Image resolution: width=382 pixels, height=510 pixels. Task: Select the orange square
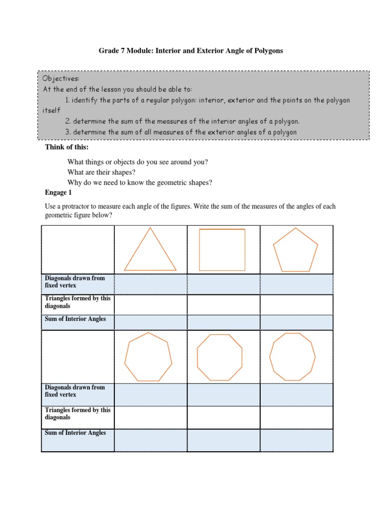[222, 250]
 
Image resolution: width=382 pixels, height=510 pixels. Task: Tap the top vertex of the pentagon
[295, 229]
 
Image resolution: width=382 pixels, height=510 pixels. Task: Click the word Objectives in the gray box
[61, 79]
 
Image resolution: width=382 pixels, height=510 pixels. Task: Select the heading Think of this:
[67, 147]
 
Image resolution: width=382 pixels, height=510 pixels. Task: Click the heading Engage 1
[59, 192]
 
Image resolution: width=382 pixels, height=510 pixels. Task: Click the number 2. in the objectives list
[68, 121]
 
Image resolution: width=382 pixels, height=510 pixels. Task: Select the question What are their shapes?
[101, 172]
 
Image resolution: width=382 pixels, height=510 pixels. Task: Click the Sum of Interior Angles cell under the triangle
[150, 322]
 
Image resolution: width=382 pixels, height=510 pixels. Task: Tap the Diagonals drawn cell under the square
[223, 284]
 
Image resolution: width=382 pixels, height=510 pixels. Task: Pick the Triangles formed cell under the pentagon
[296, 304]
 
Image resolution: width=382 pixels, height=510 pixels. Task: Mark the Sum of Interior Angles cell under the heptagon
[150, 440]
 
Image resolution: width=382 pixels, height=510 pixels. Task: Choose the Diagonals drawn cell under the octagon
[223, 394]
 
